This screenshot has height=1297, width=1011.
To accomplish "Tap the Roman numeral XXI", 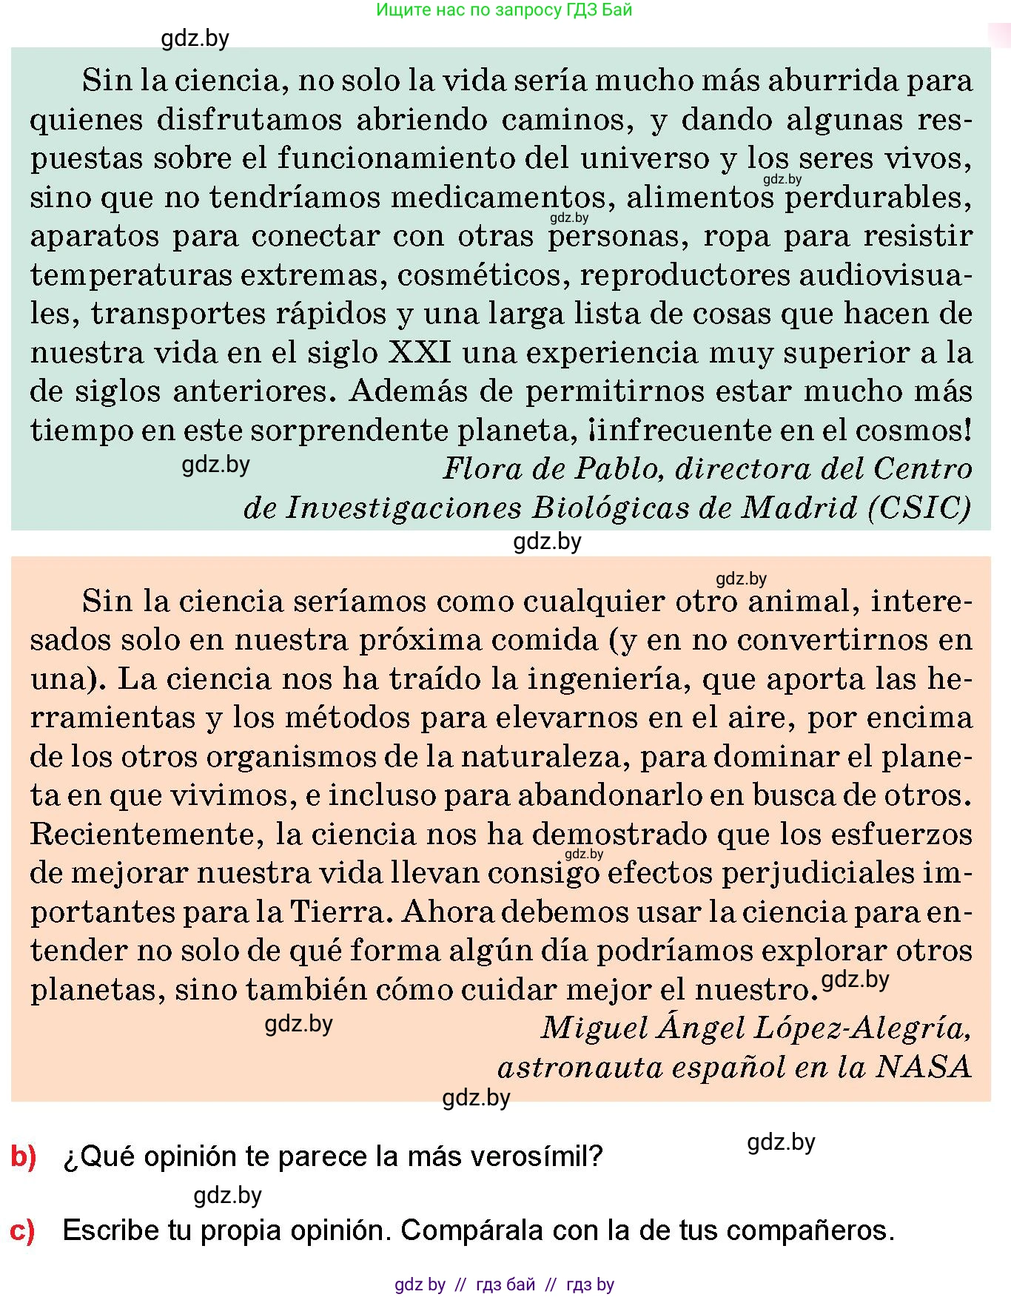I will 420,352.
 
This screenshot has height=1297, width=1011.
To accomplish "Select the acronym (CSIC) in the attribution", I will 920,508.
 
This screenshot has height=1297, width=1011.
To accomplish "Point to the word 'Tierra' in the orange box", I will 339,912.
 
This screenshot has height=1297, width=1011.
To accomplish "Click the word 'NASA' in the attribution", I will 923,1067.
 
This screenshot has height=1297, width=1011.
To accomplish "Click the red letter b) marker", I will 24,1156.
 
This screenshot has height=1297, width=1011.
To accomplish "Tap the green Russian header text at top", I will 504,10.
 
